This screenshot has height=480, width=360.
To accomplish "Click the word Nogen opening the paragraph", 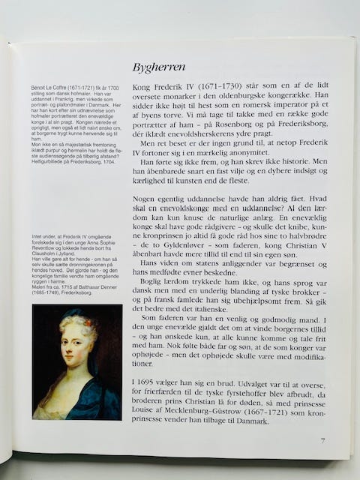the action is tap(146, 197).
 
